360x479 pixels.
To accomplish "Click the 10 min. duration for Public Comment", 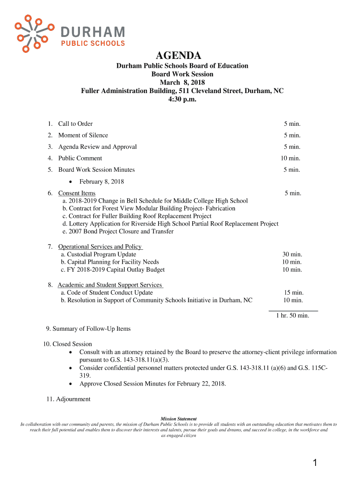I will (x=290, y=158).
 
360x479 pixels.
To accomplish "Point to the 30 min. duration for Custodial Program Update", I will (x=292, y=254).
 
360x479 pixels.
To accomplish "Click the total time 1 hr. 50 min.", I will (x=292, y=316).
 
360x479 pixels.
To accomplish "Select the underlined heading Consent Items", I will (x=77, y=193).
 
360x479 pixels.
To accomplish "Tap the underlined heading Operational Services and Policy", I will (x=100, y=247).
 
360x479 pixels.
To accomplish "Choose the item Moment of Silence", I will (x=83, y=135).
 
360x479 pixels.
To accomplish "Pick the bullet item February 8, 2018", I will (x=101, y=181).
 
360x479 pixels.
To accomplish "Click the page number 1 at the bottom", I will (x=315, y=463).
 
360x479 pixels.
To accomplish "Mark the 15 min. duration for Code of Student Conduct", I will (x=294, y=293).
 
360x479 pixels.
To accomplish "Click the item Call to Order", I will (x=75, y=123).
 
